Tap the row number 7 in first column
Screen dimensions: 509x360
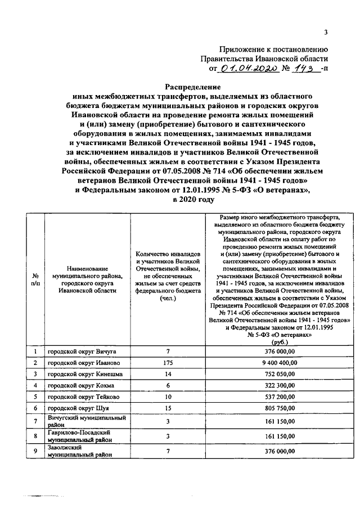[x=35, y=421]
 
